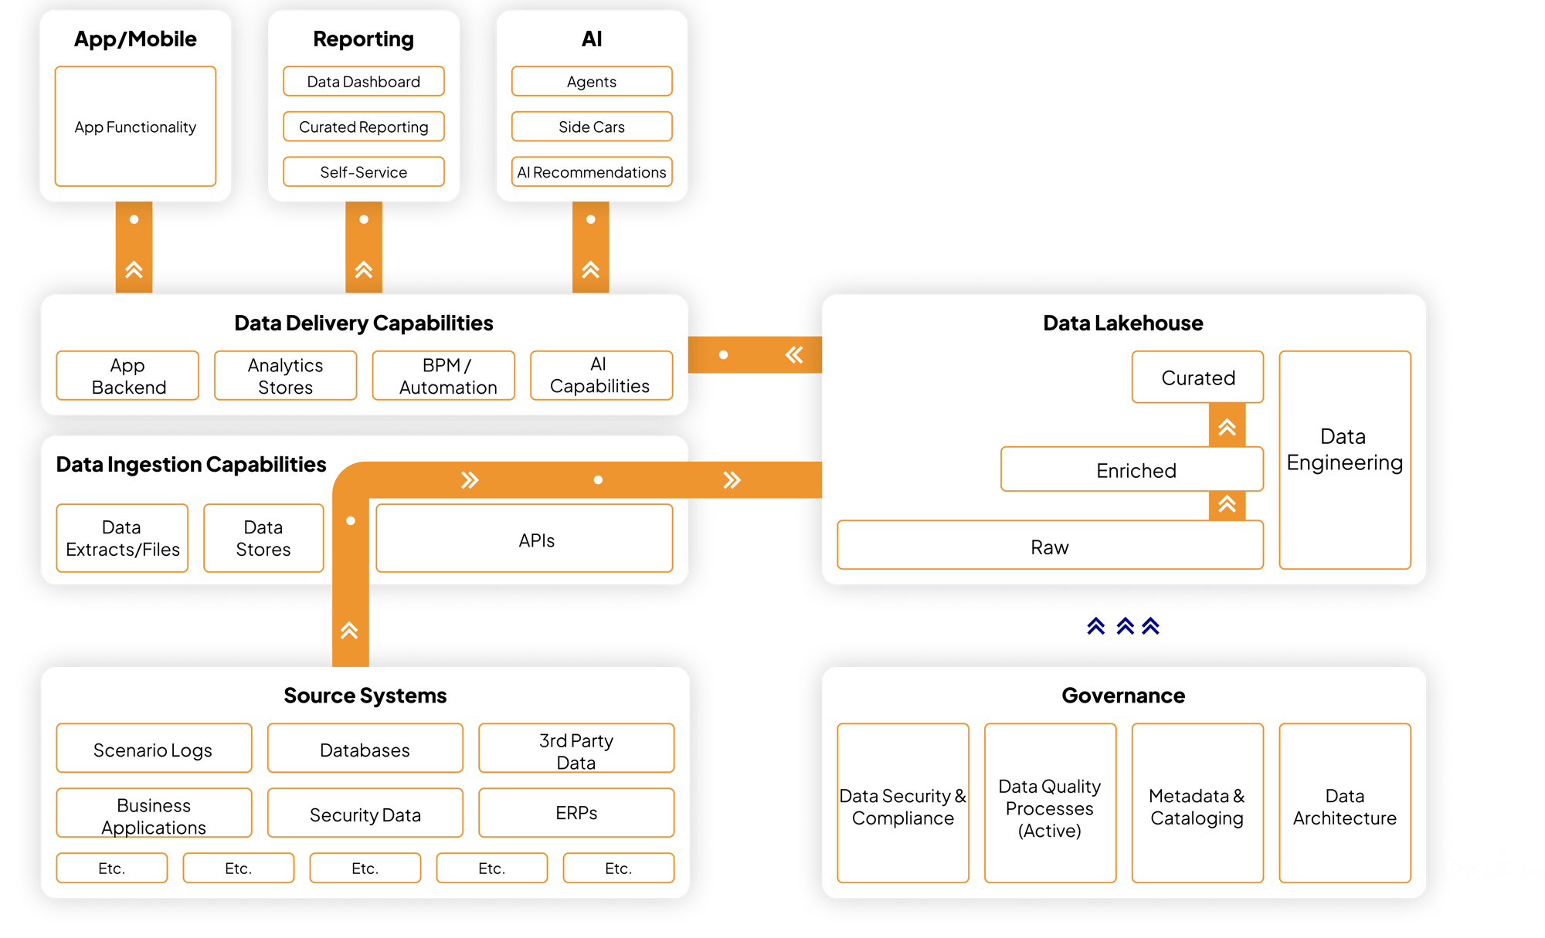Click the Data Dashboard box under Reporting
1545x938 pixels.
coord(363,81)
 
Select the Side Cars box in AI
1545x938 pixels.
coord(591,127)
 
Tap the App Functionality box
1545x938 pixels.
coord(135,127)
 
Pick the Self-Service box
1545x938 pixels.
coord(363,172)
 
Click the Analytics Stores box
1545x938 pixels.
coord(285,376)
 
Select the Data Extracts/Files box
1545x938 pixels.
coord(122,538)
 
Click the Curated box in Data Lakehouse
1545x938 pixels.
coord(1197,378)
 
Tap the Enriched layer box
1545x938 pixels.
coord(1136,470)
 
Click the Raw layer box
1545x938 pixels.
coord(1049,547)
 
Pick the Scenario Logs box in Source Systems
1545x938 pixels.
coord(153,749)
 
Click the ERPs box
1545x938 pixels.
coord(576,813)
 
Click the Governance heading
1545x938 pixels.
coord(1123,696)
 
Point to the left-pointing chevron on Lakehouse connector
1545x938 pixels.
coord(794,355)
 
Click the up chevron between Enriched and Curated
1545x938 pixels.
coord(1227,427)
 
